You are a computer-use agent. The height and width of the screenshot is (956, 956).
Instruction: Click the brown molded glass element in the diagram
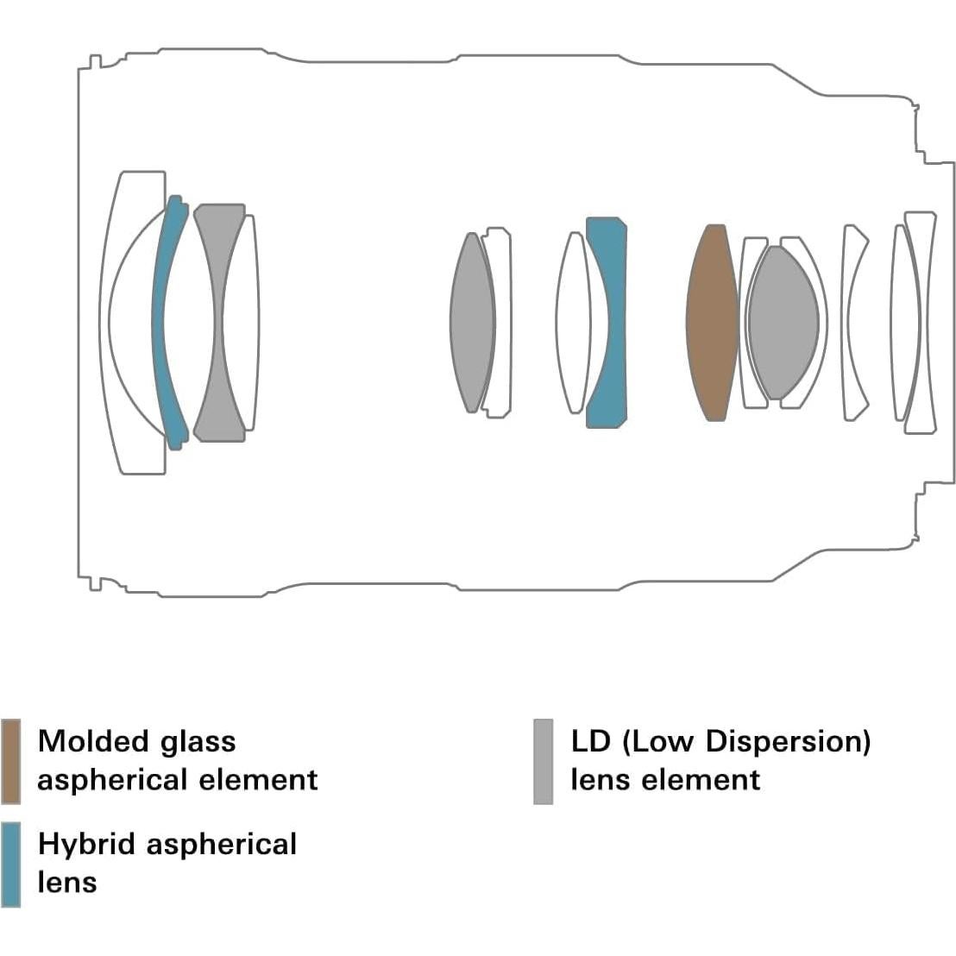point(712,324)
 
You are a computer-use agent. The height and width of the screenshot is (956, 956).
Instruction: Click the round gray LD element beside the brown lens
point(783,323)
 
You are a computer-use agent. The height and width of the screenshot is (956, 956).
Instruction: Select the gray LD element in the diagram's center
point(471,322)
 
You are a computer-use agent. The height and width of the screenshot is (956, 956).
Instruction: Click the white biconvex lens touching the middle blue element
point(572,322)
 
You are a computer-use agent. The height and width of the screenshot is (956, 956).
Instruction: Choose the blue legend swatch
point(11,863)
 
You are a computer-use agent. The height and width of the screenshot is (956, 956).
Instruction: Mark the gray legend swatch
point(543,760)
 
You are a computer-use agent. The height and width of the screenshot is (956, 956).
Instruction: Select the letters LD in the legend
point(590,741)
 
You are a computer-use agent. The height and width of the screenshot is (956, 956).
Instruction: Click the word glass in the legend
point(198,741)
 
